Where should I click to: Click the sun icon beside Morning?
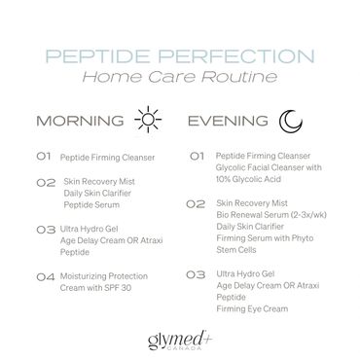click(146, 123)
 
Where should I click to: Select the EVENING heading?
click(230, 123)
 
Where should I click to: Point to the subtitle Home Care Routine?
click(180, 76)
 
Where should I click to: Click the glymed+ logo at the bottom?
click(179, 337)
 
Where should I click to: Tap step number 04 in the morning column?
click(45, 276)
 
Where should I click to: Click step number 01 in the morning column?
click(45, 155)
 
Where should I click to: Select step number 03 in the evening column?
click(194, 275)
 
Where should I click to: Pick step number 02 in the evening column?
click(194, 204)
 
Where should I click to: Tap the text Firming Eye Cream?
click(252, 310)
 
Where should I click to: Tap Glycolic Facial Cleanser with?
click(266, 166)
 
